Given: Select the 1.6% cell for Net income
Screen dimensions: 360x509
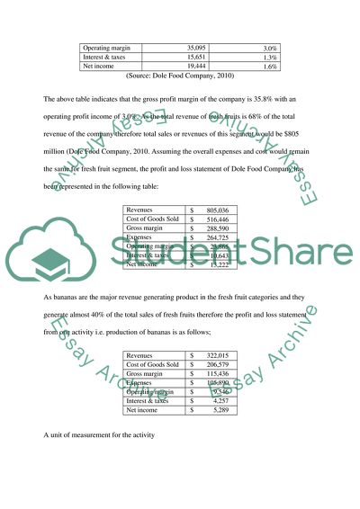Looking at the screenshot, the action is point(267,66).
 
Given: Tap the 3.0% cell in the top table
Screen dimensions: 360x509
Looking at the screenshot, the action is point(267,46).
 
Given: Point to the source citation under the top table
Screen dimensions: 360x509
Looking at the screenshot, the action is point(181,76).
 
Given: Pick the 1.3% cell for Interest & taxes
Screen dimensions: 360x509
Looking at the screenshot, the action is point(267,56).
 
